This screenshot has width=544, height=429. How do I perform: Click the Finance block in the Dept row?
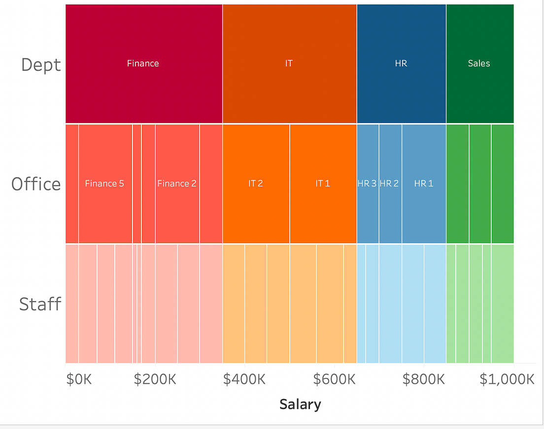coord(143,63)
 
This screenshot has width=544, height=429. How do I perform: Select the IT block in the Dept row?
coord(289,63)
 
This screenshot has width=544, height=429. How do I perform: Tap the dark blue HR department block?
coord(401,63)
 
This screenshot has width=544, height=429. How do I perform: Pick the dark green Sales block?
coord(479,63)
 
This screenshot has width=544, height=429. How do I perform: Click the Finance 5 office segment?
coord(105,184)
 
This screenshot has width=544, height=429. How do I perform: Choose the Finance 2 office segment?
coord(177,184)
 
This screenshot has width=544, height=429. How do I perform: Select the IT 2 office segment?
coord(256,184)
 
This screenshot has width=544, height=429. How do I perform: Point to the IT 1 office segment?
coord(323,184)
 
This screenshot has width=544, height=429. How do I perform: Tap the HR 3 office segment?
coord(368,184)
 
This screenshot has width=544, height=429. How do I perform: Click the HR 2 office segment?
coord(390,184)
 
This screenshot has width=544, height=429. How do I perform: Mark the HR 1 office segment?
coord(424,184)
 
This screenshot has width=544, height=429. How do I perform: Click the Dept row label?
coord(41,64)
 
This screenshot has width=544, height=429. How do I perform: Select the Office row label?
coord(36,184)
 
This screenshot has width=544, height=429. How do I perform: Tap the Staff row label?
coord(40,304)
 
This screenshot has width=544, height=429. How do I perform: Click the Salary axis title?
coord(300,404)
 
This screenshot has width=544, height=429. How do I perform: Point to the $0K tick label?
coord(79,380)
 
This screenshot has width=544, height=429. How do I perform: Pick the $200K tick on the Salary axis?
coord(155,380)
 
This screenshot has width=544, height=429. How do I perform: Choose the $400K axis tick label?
coord(244,380)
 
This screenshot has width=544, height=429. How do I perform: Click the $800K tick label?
coord(424,380)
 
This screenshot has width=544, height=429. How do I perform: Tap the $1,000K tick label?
coord(507,380)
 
